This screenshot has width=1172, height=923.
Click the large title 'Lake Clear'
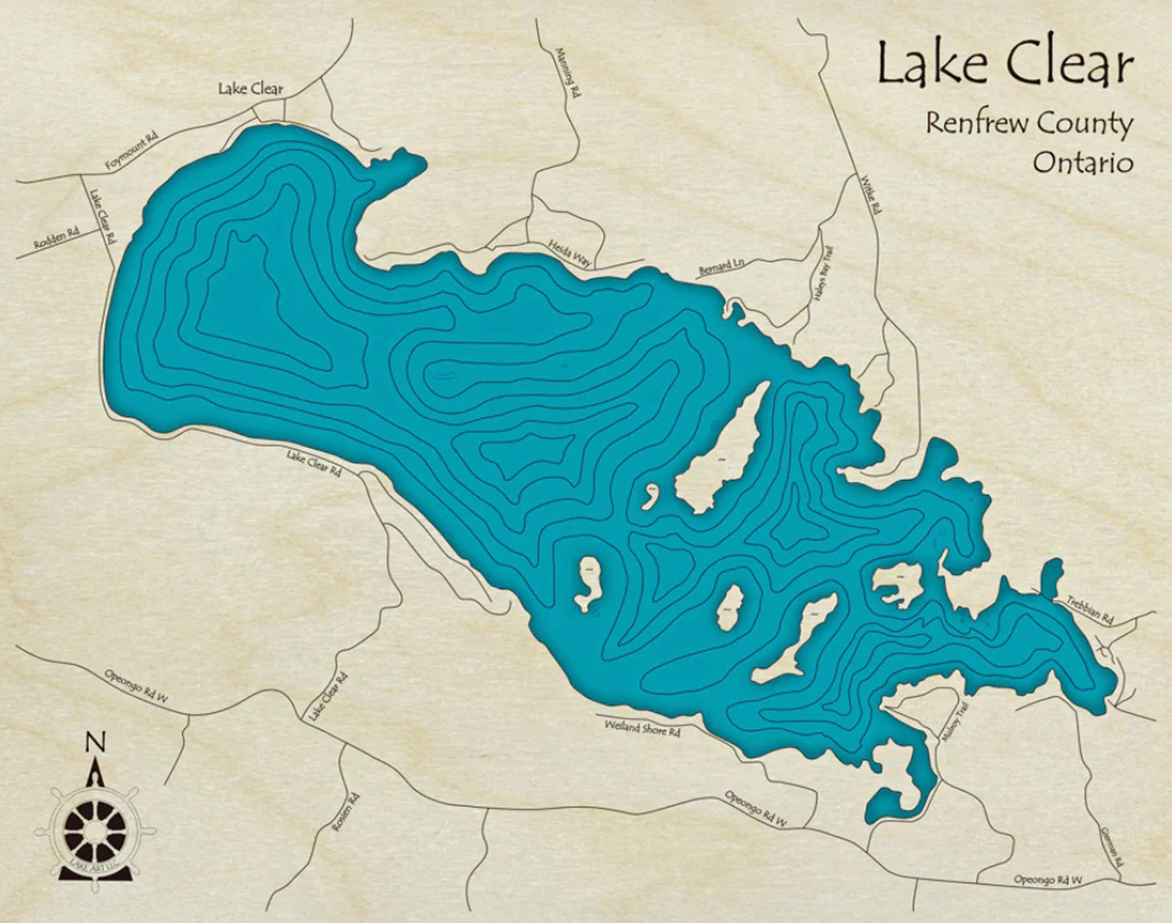point(1004,65)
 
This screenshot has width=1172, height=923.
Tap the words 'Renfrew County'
point(1028,124)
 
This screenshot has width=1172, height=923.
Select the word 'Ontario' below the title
point(1082,163)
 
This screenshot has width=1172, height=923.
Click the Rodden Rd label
point(57,238)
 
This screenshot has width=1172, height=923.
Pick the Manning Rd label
point(569,71)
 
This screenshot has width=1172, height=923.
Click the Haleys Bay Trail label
point(822,275)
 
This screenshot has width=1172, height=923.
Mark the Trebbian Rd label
point(1088,609)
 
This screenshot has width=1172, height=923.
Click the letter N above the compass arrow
point(96,741)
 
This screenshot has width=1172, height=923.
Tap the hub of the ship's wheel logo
point(95,831)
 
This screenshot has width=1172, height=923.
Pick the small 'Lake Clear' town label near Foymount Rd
point(251,89)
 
